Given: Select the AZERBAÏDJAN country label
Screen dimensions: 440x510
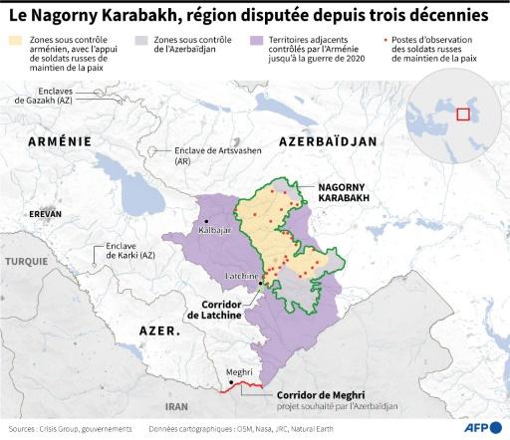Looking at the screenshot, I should (x=328, y=142).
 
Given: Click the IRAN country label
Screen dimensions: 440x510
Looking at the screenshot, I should (x=176, y=406).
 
